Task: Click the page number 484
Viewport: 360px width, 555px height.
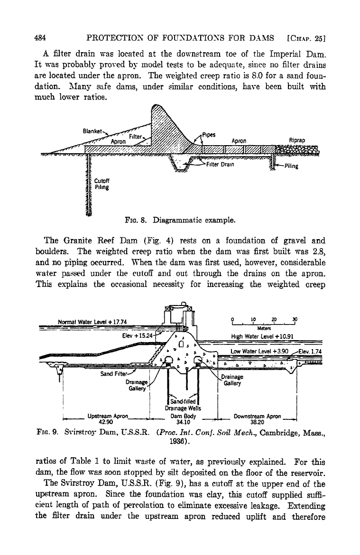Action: tap(41, 38)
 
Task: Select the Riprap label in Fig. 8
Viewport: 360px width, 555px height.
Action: tap(296, 140)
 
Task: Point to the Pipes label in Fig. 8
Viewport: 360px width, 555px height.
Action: tap(209, 135)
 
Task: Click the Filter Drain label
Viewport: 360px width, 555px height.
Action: tap(220, 165)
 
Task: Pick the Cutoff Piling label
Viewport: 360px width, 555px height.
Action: tap(102, 184)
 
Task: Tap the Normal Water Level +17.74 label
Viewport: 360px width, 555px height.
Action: tap(92, 322)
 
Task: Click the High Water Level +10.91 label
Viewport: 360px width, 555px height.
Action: tap(262, 336)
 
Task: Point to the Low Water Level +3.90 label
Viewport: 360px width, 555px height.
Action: tap(259, 351)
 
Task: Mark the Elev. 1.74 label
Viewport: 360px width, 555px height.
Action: tap(310, 351)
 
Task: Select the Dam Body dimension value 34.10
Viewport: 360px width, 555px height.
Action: tap(183, 422)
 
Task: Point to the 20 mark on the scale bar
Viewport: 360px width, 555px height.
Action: tap(274, 319)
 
